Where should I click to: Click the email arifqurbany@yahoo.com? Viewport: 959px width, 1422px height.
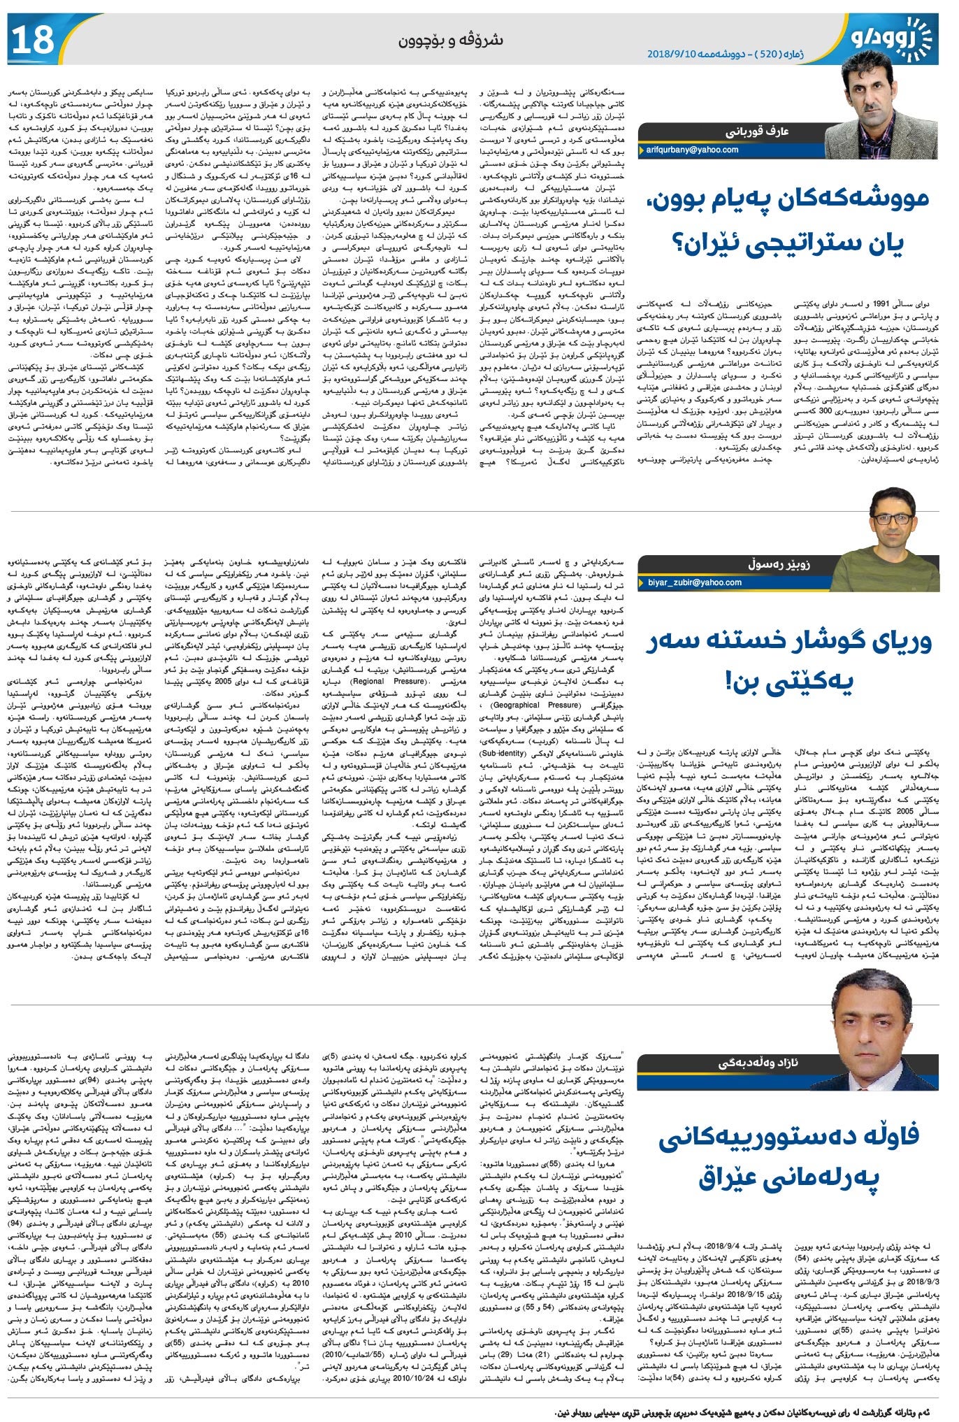click(x=692, y=150)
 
